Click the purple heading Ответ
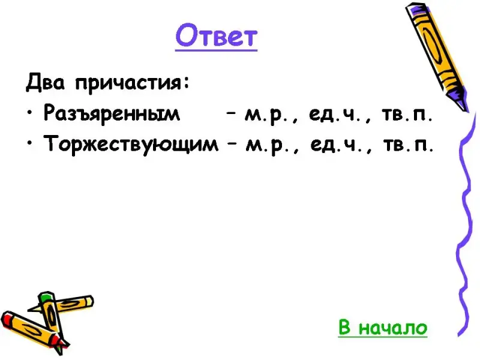[216, 36]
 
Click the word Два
[46, 82]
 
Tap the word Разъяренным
[112, 113]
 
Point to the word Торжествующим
[131, 144]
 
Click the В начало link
[383, 327]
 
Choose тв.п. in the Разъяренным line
[407, 115]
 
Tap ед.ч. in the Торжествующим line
[337, 145]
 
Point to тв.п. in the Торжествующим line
[408, 145]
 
